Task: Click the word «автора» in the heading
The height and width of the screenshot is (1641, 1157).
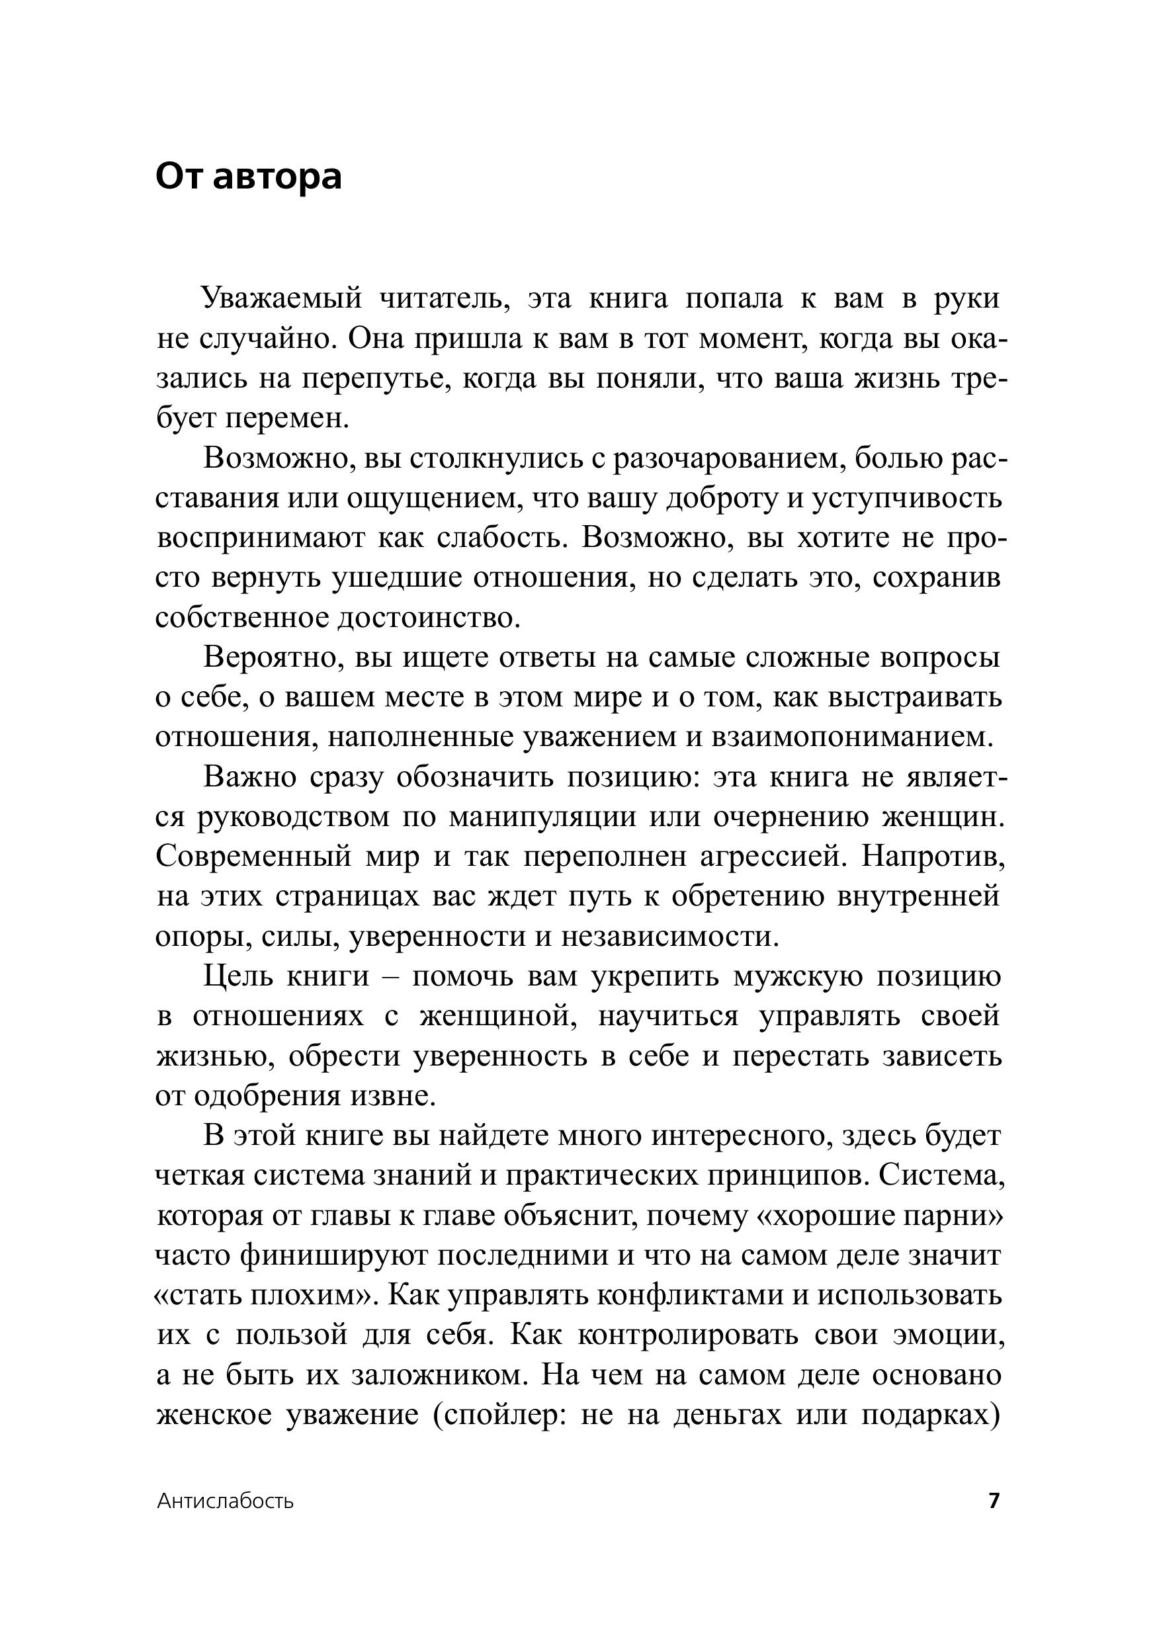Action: tap(277, 177)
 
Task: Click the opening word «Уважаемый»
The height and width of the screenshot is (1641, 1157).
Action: tap(282, 299)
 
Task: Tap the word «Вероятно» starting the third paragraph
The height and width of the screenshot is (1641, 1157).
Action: tap(271, 657)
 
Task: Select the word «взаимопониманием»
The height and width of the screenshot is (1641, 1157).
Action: tap(853, 737)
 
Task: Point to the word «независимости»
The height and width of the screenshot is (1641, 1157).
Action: tap(669, 937)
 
